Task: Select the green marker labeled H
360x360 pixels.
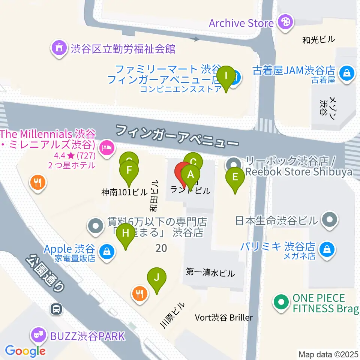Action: point(126,233)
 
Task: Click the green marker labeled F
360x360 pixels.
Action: point(129,171)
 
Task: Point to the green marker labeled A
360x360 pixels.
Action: point(190,174)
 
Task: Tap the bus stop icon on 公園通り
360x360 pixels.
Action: point(56,309)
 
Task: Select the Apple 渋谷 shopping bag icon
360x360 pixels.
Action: point(107,251)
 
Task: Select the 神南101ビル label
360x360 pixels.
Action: point(124,192)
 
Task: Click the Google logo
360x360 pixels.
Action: point(25,351)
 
